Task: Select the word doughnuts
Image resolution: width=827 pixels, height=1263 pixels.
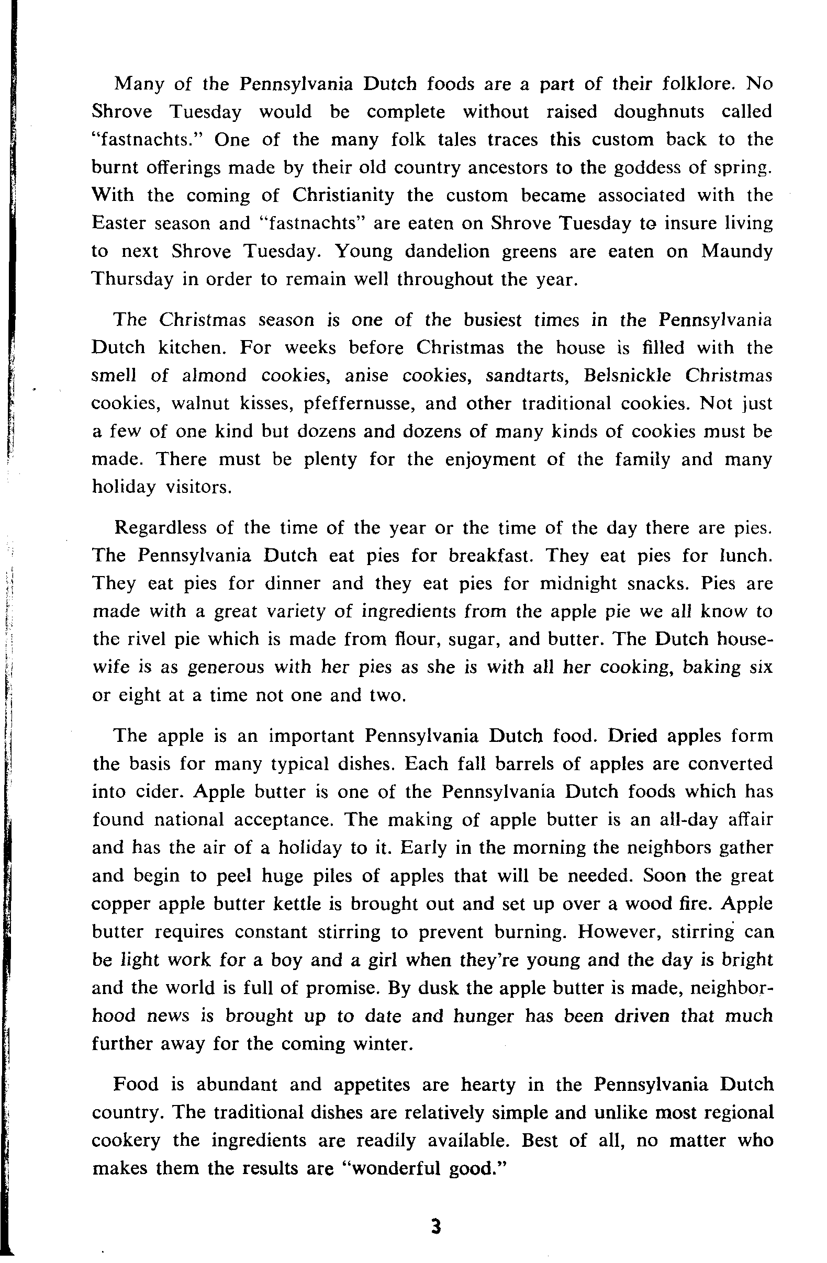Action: click(660, 112)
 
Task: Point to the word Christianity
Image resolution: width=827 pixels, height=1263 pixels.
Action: click(343, 195)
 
